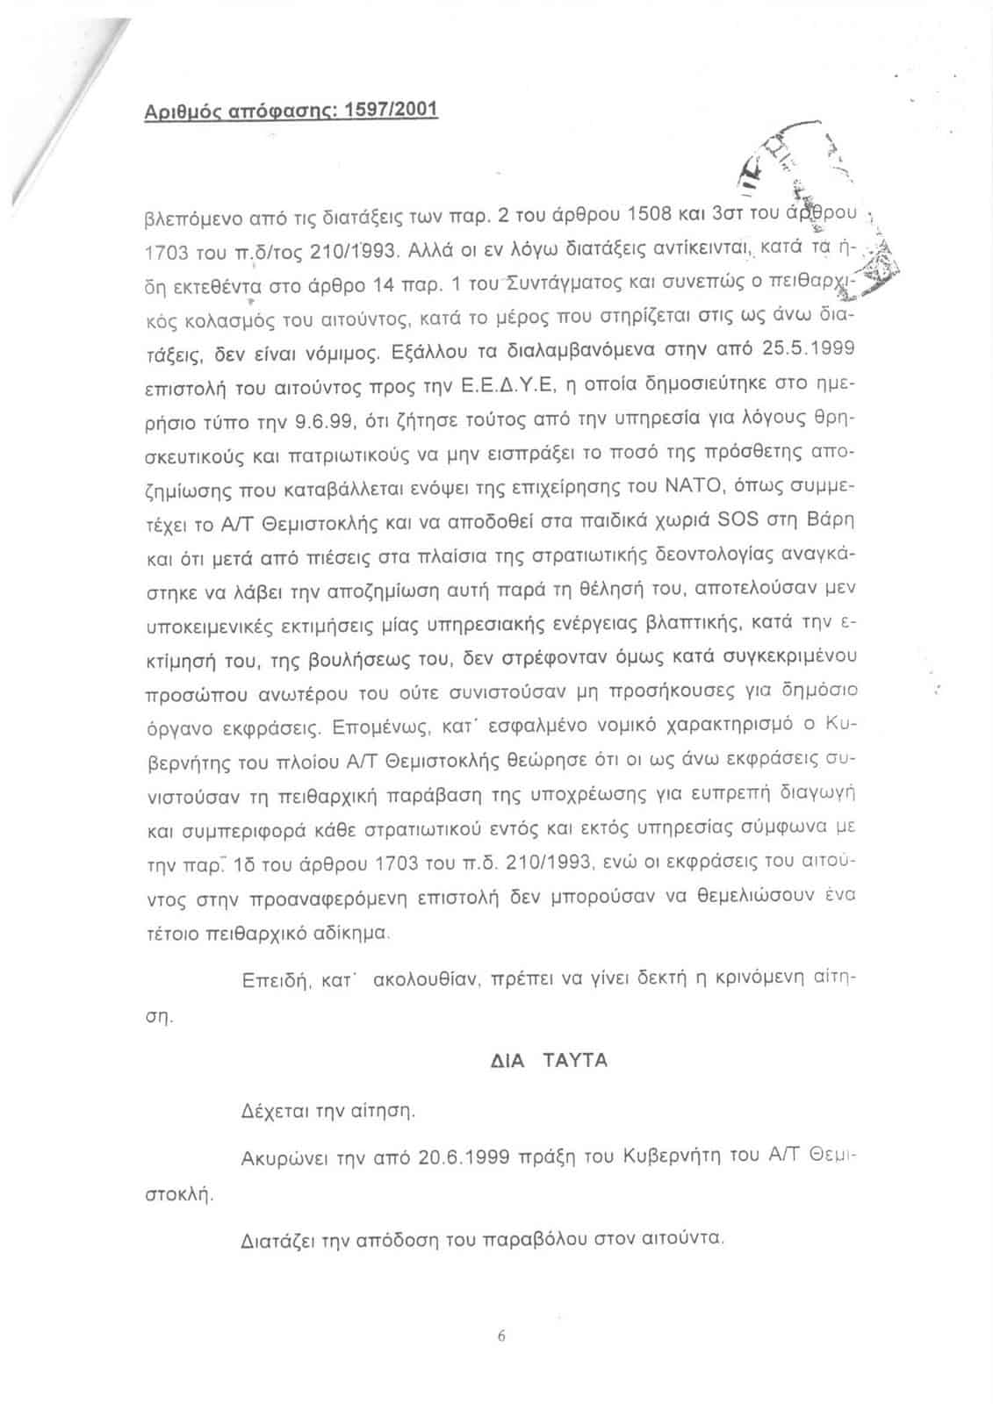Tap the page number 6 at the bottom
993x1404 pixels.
[x=501, y=1336]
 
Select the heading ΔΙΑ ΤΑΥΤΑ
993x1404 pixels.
[x=548, y=1060]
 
